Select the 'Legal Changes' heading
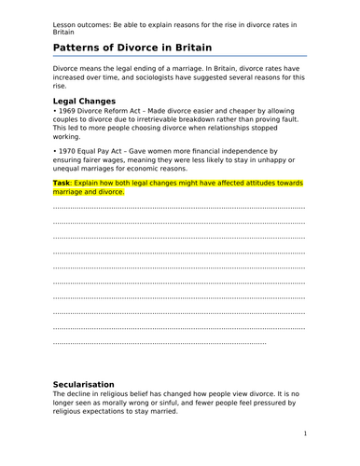pyautogui.click(x=85, y=101)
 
